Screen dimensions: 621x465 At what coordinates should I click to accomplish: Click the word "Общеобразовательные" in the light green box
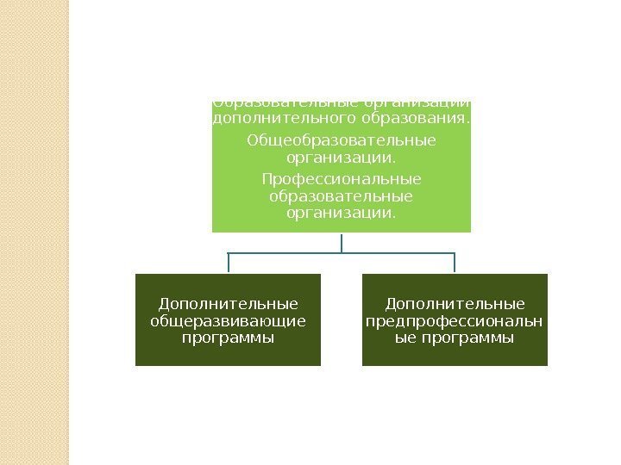(x=342, y=139)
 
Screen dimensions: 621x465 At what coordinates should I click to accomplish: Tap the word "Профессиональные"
(x=342, y=179)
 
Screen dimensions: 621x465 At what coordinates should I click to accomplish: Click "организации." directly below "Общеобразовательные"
(x=342, y=158)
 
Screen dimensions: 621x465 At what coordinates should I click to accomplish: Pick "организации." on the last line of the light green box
(x=342, y=212)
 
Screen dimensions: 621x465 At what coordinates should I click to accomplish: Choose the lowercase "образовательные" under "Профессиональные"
(x=342, y=195)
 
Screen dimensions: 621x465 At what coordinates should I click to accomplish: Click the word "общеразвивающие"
(x=228, y=320)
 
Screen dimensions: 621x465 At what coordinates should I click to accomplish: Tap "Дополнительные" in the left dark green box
(x=228, y=304)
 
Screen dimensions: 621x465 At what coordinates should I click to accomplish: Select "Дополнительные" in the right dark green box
(x=455, y=304)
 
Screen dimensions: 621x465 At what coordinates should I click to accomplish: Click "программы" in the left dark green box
(x=228, y=338)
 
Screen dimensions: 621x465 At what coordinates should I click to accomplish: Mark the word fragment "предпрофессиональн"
(x=455, y=320)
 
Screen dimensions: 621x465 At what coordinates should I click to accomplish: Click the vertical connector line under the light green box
(x=342, y=243)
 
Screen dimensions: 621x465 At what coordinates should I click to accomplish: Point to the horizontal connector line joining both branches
(x=285, y=254)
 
